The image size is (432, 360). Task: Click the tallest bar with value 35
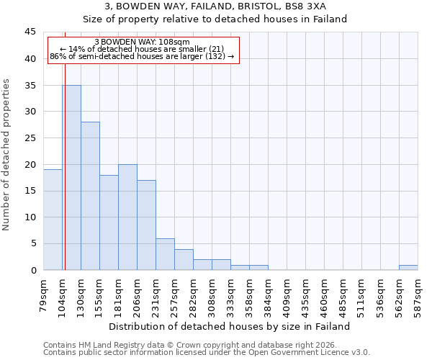click(x=71, y=177)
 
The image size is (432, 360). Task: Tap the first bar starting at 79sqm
click(x=53, y=220)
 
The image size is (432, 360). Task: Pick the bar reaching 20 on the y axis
click(x=127, y=217)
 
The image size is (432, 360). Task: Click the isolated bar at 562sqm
click(x=408, y=267)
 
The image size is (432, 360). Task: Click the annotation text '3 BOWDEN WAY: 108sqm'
click(x=142, y=42)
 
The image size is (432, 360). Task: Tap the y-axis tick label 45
click(x=30, y=32)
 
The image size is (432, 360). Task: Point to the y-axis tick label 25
click(x=30, y=138)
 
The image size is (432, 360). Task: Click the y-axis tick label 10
click(x=30, y=217)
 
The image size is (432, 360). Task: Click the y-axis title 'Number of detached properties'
click(x=7, y=155)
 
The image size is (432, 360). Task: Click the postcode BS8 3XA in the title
click(x=307, y=6)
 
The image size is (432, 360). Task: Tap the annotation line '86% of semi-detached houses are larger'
click(x=142, y=56)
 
